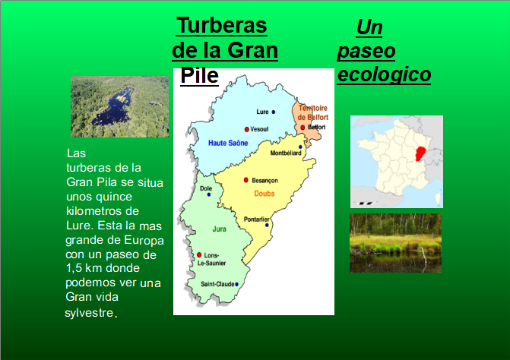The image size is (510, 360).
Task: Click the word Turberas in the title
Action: pos(221,25)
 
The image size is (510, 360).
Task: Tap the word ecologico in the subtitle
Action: pos(384,74)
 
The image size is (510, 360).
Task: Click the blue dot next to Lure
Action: pos(274,112)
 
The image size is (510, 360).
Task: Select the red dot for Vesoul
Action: pos(247,129)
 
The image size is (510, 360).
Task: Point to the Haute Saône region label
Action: pos(228,143)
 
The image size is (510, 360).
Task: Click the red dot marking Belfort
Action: pos(303,128)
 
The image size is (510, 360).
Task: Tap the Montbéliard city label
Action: pos(286,153)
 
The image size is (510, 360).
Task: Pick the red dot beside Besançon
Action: pos(246,180)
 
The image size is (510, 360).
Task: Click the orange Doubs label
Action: pos(265,194)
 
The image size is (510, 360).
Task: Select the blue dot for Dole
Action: pos(209,194)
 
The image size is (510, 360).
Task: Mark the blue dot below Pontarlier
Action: pos(267,225)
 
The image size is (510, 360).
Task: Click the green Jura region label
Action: pos(219,229)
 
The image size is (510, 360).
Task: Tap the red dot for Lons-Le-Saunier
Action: pos(199,255)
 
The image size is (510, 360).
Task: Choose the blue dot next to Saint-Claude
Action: pos(237,284)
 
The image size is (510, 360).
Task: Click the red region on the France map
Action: pos(421,153)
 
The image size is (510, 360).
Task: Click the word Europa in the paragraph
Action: pos(144,241)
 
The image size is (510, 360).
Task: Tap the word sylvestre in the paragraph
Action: pos(89,313)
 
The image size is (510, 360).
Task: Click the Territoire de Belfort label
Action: pos(313,112)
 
